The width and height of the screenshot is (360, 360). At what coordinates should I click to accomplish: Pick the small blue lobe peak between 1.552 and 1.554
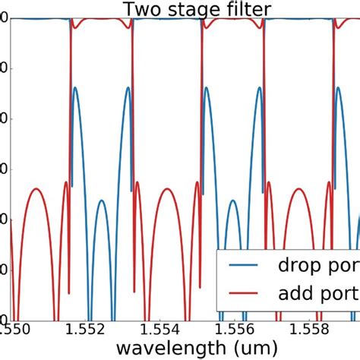[x=101, y=201]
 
